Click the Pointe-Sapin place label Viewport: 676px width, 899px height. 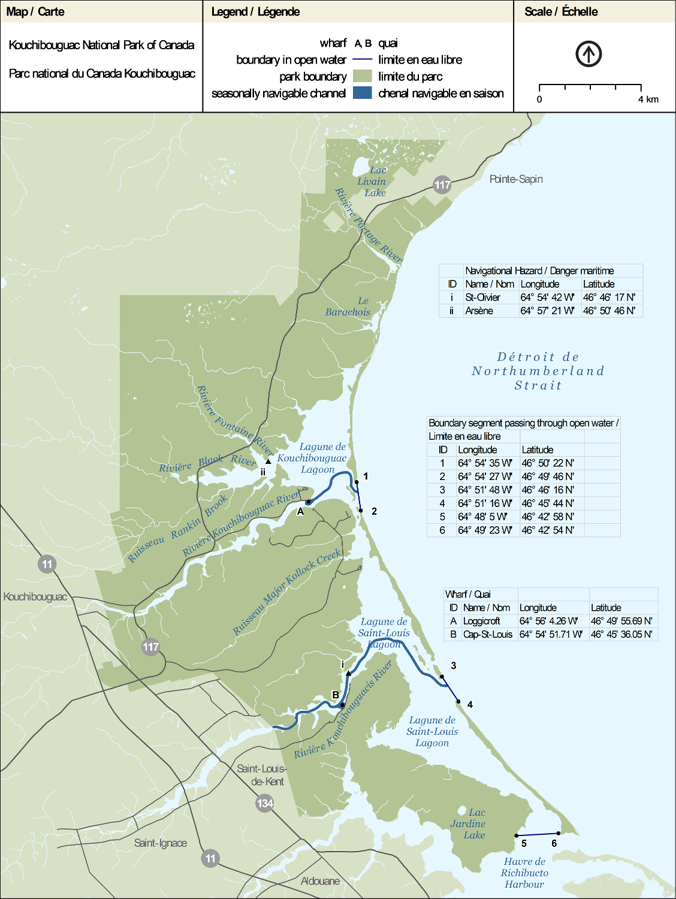coord(516,179)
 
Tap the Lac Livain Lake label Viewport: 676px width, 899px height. coord(372,182)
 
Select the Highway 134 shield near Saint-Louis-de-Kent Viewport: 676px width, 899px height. coord(265,803)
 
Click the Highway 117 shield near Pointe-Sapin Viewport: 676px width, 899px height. coord(442,185)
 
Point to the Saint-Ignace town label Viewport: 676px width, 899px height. coord(161,843)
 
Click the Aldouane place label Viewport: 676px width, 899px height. coord(320,881)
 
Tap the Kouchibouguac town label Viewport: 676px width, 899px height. coord(35,597)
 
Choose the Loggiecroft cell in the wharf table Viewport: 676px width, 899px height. coord(482,621)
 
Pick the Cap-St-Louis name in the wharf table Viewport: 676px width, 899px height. coord(488,634)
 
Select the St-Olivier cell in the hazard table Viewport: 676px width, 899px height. coord(482,297)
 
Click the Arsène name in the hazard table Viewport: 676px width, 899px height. coord(479,310)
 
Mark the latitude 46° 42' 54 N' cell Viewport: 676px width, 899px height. coord(548,530)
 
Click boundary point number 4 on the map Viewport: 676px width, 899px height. coord(458,701)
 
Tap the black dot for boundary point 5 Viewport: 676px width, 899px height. coord(517,835)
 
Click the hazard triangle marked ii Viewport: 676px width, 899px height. coord(268,461)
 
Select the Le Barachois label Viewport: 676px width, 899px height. coord(348,306)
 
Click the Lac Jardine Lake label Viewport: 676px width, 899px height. coord(469,823)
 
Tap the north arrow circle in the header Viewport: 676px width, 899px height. coord(589,54)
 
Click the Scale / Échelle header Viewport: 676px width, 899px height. coord(561,11)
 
